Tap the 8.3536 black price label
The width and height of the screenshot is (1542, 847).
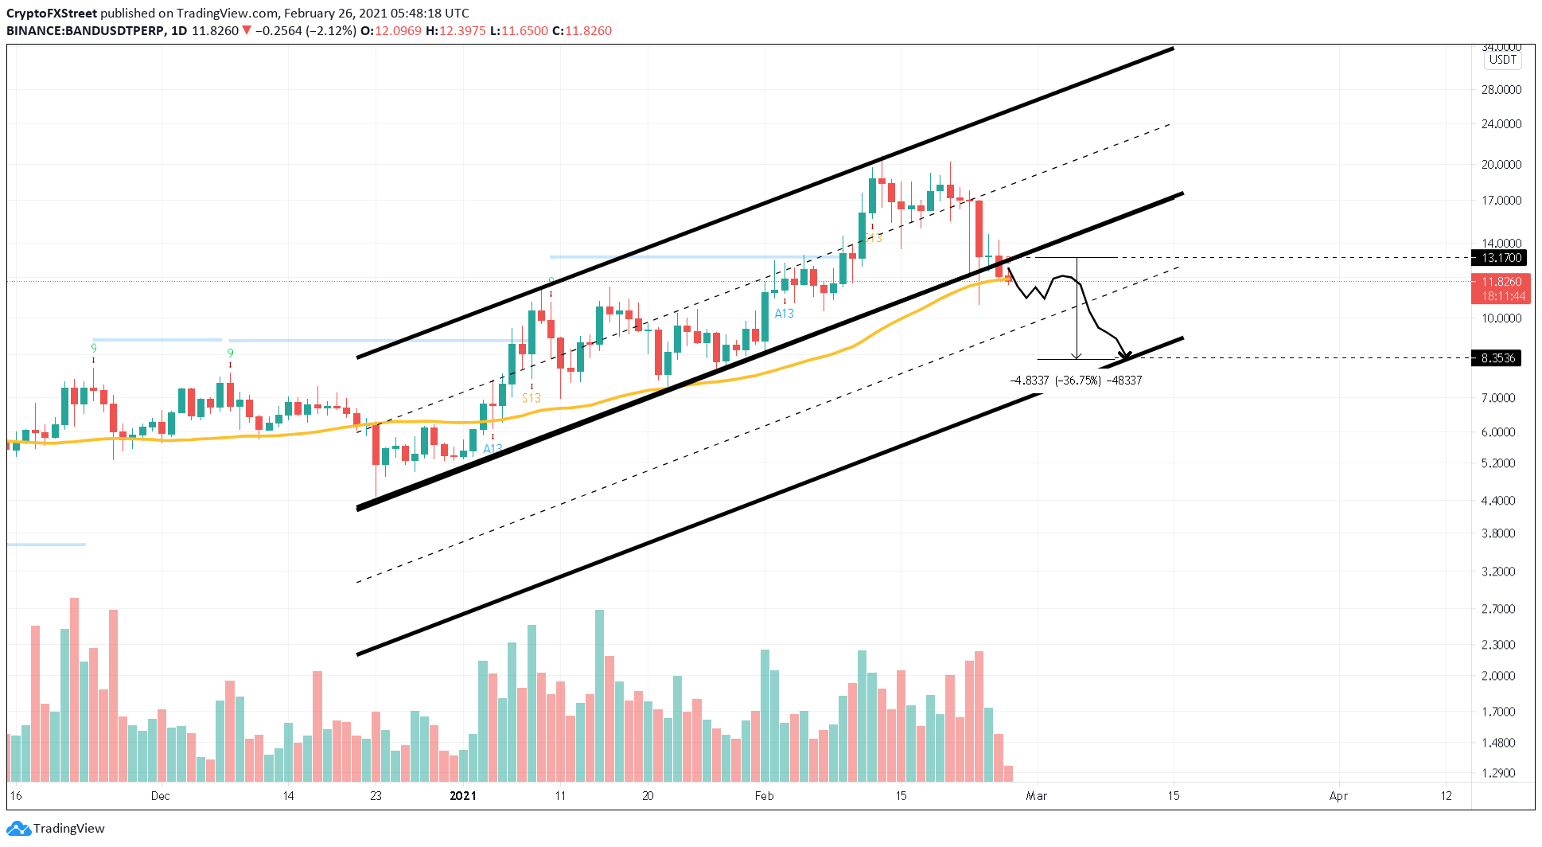[1497, 358]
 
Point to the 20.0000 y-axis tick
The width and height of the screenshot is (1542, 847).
[1501, 165]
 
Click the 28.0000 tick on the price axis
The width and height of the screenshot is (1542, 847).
[1501, 90]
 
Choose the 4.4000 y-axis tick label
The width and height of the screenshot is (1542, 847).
[1498, 501]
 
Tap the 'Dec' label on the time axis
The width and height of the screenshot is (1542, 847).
[160, 796]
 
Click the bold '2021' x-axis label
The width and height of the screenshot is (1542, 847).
[463, 796]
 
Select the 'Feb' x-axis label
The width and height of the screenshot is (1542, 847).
[764, 796]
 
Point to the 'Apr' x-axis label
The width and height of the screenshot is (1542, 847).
[1338, 796]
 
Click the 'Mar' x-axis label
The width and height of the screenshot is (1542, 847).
[1036, 796]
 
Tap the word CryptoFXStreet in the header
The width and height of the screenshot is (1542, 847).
[52, 14]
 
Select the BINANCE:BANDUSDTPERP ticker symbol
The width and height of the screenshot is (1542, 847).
[85, 31]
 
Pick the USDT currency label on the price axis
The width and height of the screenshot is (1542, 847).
[1502, 60]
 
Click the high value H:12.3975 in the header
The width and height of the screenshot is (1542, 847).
[455, 31]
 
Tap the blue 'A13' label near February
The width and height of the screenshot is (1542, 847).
[784, 314]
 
